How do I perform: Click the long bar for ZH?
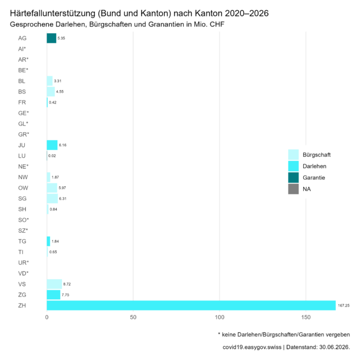191,305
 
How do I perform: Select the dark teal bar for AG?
51,38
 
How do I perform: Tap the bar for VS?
55,284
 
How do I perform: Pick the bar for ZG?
53,295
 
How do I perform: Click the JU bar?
52,145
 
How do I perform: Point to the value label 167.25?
344,305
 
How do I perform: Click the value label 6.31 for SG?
62,199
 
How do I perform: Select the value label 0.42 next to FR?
52,102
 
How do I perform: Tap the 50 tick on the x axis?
133,317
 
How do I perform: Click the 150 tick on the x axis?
306,317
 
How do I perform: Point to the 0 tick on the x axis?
47,317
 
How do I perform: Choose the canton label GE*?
24,113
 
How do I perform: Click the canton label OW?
23,188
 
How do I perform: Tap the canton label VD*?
23,273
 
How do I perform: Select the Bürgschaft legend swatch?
294,155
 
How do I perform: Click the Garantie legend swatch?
294,178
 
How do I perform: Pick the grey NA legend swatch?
294,189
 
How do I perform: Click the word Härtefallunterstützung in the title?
52,13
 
